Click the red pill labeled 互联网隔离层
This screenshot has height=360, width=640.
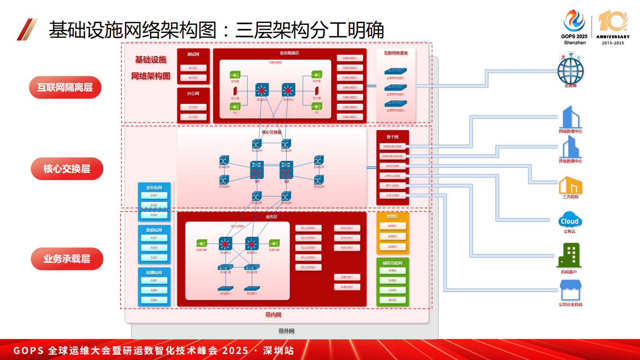65,87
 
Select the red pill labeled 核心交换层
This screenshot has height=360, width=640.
67,169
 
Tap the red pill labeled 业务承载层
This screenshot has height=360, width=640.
67,259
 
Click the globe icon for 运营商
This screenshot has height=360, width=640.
570,71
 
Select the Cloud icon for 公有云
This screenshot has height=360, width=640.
570,220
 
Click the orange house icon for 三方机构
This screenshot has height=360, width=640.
570,185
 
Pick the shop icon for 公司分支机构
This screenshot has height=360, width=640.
570,290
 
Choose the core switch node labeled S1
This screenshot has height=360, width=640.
257,170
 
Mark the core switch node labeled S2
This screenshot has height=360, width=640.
286,170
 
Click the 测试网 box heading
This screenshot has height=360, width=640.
193,54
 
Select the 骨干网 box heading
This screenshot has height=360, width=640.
392,137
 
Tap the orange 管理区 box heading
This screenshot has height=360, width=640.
392,216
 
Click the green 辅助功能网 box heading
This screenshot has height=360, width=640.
392,263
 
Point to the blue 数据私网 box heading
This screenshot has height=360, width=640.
154,230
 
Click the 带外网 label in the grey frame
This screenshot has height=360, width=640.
286,331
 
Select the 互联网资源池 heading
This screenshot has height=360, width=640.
396,53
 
